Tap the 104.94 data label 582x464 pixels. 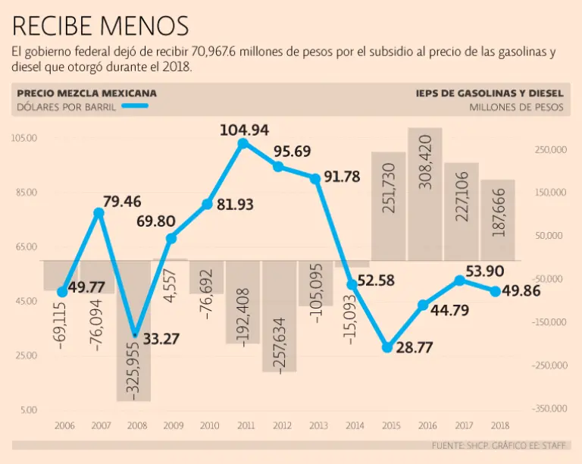[244, 130]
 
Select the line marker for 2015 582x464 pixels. [387, 347]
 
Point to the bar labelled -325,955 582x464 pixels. [134, 330]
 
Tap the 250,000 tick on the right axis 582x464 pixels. [551, 150]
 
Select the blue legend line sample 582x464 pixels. [134, 107]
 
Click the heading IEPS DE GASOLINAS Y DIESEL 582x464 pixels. [490, 93]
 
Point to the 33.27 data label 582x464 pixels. [161, 338]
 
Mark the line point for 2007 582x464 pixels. [99, 213]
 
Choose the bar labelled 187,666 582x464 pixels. [498, 220]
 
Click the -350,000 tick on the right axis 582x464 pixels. [549, 409]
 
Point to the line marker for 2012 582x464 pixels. [279, 166]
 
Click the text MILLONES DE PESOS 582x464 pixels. [516, 107]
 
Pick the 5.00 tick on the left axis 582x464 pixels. [28, 410]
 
